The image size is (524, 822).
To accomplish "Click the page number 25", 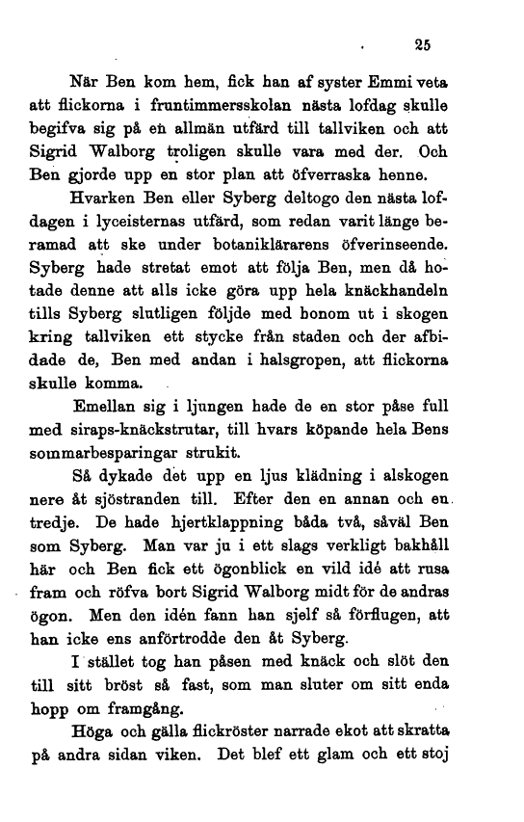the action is coord(419,41).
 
